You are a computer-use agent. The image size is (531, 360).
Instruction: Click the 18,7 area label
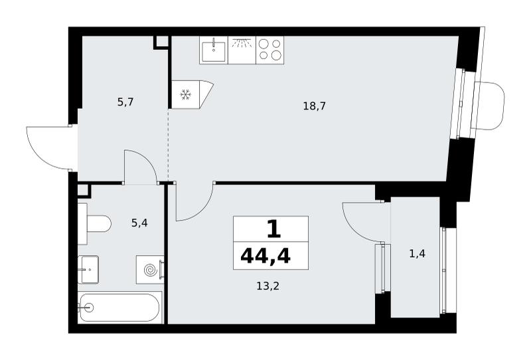(314, 106)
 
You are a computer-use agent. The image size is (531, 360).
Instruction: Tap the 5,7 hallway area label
(125, 102)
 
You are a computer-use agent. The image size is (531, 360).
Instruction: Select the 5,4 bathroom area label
(139, 223)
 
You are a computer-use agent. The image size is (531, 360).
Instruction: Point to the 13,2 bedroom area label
(268, 286)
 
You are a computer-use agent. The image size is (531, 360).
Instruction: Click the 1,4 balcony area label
(417, 253)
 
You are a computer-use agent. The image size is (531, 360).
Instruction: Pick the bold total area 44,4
(265, 256)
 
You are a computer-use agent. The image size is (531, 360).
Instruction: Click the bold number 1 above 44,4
(274, 229)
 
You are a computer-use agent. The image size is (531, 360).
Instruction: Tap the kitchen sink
(214, 50)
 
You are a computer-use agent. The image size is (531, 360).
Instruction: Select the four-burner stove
(270, 50)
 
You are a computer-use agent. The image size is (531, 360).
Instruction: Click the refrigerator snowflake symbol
(185, 94)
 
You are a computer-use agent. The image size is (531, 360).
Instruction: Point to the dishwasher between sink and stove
(242, 50)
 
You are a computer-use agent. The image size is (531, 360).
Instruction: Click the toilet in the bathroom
(94, 224)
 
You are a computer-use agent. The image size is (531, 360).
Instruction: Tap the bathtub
(120, 308)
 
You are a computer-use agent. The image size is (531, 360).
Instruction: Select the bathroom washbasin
(88, 270)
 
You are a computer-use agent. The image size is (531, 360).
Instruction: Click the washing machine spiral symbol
(151, 270)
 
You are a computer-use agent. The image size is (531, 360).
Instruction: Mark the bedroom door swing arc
(202, 211)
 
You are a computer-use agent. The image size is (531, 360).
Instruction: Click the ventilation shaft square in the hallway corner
(161, 42)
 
